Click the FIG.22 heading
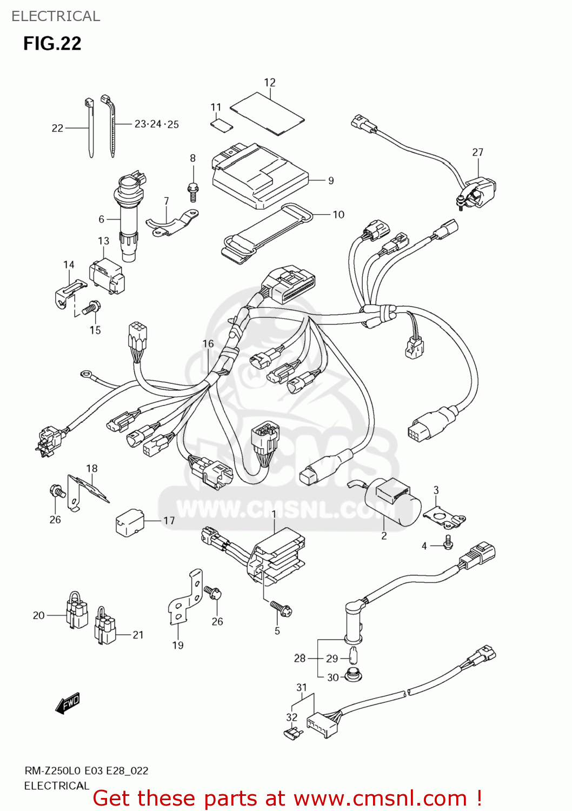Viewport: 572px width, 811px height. coord(52,43)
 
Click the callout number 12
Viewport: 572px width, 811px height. coord(270,83)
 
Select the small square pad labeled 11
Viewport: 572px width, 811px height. coord(221,125)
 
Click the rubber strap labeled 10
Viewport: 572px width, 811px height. coord(268,236)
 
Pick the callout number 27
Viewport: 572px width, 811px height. coord(477,152)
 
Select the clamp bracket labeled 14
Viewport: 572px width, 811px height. coord(69,292)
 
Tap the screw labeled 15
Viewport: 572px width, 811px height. coord(91,309)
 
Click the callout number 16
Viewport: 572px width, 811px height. coord(208,344)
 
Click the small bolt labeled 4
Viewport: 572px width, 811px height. coord(448,543)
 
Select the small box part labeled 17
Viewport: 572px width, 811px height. coord(130,522)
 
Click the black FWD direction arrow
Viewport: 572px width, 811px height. coord(68,704)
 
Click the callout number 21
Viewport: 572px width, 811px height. coord(138,635)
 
